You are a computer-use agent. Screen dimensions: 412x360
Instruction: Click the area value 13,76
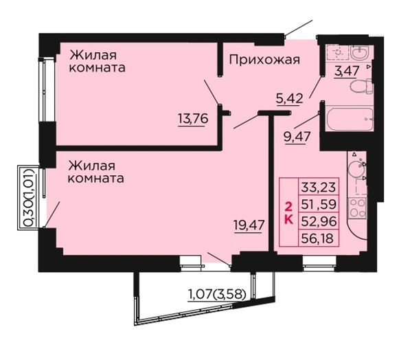click(x=193, y=119)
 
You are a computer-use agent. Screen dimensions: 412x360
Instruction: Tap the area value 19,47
click(x=249, y=225)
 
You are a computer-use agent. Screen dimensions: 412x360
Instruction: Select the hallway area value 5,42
click(x=289, y=99)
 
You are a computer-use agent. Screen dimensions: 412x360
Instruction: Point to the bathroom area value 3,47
click(x=347, y=71)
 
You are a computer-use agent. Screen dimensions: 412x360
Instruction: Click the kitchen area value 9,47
click(x=297, y=137)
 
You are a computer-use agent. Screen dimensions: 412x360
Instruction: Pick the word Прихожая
click(x=264, y=60)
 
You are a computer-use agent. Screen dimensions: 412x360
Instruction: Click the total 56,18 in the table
click(x=317, y=238)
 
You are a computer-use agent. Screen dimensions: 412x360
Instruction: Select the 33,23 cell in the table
click(x=319, y=188)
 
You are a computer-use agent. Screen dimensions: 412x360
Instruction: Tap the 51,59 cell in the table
click(x=319, y=204)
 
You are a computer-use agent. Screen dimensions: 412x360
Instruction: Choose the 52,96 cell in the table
click(x=319, y=221)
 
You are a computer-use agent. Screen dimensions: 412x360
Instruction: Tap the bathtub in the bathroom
click(x=350, y=119)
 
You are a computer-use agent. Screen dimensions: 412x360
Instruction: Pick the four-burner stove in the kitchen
click(x=357, y=208)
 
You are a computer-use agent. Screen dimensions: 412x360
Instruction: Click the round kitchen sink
click(x=356, y=168)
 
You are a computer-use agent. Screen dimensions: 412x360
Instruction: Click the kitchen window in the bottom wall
click(x=319, y=263)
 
